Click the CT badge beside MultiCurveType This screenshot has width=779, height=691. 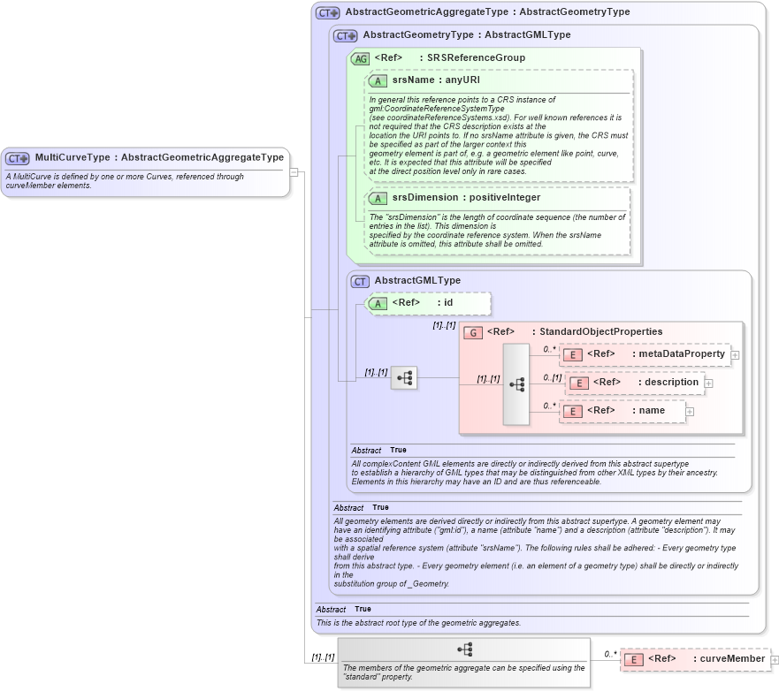pyautogui.click(x=19, y=158)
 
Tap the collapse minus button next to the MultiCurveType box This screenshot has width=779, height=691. pyautogui.click(x=294, y=172)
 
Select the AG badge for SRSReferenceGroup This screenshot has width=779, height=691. pyautogui.click(x=360, y=58)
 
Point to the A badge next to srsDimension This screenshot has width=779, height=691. pyautogui.click(x=378, y=198)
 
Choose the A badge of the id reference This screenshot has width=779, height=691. pyautogui.click(x=378, y=303)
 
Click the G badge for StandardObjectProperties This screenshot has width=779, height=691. pyautogui.click(x=473, y=332)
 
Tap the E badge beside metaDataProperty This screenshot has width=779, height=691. pyautogui.click(x=573, y=354)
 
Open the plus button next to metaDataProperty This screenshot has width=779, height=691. pyautogui.click(x=735, y=354)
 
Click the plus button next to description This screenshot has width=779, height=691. pyautogui.click(x=708, y=383)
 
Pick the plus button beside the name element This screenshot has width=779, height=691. pyautogui.click(x=690, y=411)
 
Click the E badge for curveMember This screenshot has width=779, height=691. pyautogui.click(x=633, y=659)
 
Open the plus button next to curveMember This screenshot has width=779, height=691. pyautogui.click(x=775, y=659)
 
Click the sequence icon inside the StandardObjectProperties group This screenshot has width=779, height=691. pyautogui.click(x=516, y=384)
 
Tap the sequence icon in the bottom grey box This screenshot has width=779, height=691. pyautogui.click(x=463, y=649)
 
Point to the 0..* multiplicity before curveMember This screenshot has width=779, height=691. pyautogui.click(x=610, y=654)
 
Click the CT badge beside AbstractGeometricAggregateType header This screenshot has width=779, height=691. pyautogui.click(x=328, y=13)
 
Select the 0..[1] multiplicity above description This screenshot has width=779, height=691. pyautogui.click(x=552, y=377)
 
